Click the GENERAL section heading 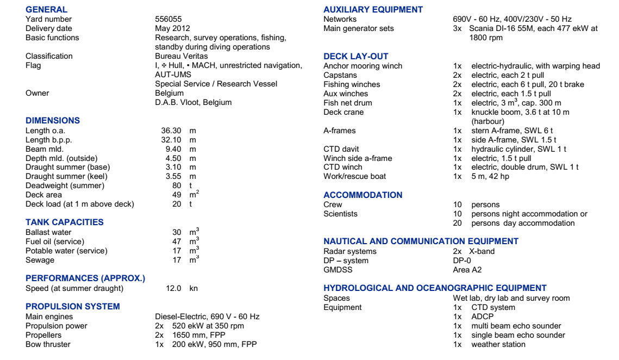click(47, 9)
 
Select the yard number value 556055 click(168, 19)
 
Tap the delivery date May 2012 click(172, 28)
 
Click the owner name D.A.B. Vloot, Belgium click(193, 102)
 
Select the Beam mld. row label click(45, 149)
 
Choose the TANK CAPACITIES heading click(65, 222)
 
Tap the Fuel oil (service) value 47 click(177, 241)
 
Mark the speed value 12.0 click(174, 288)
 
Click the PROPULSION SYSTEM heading click(73, 306)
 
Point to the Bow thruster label click(48, 344)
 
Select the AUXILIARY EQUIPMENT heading click(373, 9)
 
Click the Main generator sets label click(359, 28)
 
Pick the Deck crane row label click(343, 112)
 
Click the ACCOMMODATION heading click(363, 195)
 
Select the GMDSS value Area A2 click(467, 269)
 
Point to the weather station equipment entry click(498, 344)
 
